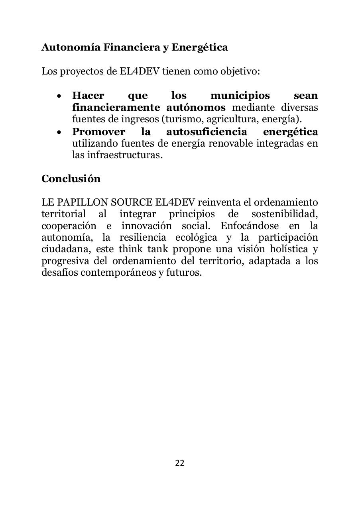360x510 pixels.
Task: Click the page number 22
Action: pos(180,463)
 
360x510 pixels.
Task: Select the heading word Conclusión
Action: pos(71,178)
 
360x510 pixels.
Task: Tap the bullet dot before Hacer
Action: pos(59,96)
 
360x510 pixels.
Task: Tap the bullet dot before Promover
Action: pos(59,132)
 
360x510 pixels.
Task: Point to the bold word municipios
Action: pos(240,96)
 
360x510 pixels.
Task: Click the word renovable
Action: pos(232,143)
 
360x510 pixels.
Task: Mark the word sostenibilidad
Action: pos(284,214)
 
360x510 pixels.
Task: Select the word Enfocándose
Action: pos(250,226)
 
